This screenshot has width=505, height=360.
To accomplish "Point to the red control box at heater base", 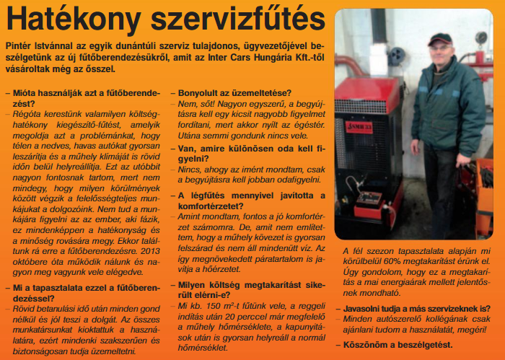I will [x=368, y=203].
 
